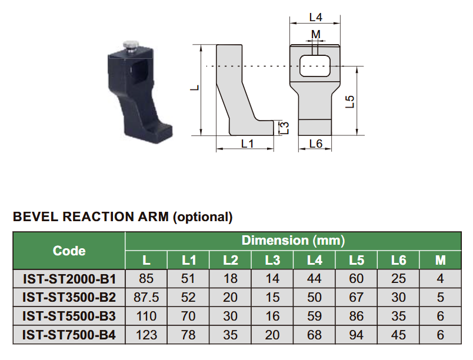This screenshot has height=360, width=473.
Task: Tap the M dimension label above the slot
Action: click(316, 34)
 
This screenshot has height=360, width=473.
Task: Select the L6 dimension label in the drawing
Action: click(315, 144)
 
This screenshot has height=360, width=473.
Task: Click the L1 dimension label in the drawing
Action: click(247, 144)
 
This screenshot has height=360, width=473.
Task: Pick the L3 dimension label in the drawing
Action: click(284, 127)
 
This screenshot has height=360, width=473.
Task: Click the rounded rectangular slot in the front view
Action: click(315, 66)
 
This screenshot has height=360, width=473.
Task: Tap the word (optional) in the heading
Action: click(202, 217)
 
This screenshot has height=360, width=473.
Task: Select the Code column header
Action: click(69, 251)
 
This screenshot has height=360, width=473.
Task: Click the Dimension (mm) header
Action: click(292, 241)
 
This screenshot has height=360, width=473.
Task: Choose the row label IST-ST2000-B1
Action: click(69, 279)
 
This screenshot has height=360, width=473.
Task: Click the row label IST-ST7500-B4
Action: click(69, 335)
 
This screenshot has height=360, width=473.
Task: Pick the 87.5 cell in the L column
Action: click(146, 298)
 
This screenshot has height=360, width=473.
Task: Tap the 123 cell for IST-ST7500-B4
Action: click(146, 335)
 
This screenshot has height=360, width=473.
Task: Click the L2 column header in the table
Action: click(230, 260)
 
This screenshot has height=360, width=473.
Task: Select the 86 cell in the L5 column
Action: click(357, 316)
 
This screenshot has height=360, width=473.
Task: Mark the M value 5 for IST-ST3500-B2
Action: click(440, 298)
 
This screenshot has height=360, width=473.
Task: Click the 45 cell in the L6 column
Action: click(398, 335)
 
